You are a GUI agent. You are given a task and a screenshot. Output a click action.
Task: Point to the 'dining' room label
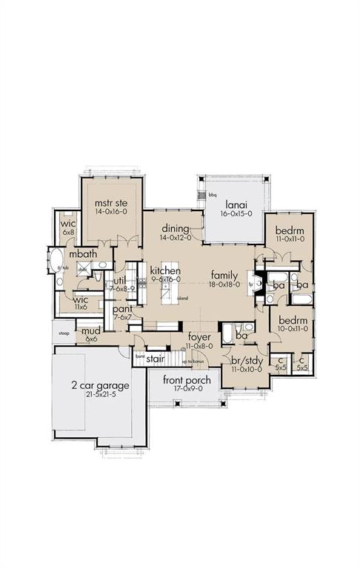point(175,228)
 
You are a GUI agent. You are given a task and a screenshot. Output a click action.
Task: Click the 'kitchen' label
point(166,270)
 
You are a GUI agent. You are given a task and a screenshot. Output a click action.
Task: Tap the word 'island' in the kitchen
point(182,299)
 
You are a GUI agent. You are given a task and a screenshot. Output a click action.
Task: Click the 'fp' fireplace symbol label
point(250,284)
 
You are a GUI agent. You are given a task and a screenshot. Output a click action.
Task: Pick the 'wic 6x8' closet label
point(69,223)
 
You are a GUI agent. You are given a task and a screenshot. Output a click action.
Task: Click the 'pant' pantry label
point(122,309)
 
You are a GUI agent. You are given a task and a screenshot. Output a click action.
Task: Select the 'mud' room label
point(91,330)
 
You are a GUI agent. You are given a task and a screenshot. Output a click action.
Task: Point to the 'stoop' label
point(64,333)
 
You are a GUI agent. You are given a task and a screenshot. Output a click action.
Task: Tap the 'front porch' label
point(187,380)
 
